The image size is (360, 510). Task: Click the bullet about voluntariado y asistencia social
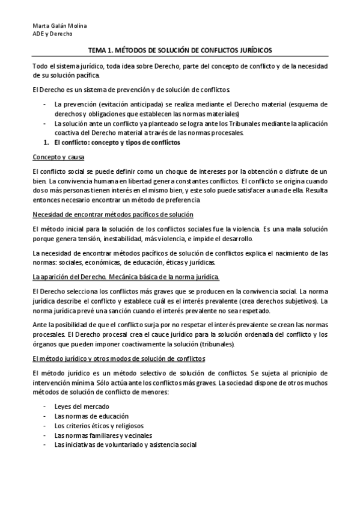click(x=125, y=444)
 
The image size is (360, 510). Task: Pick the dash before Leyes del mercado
click(x=46, y=406)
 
